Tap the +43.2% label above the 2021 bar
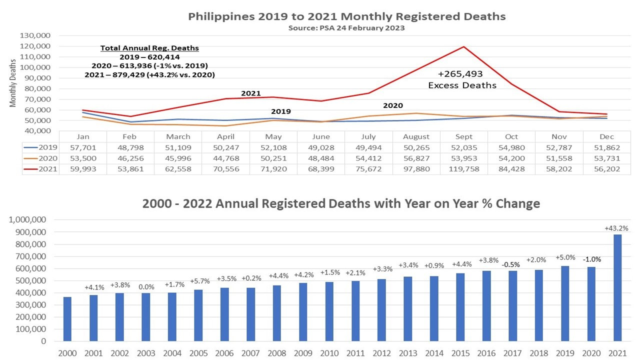coord(616,228)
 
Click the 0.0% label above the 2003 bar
coord(146,287)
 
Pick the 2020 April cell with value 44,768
coord(226,158)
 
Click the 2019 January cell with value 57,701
coord(82,147)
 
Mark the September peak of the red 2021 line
coord(463,46)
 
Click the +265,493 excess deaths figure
coord(461,74)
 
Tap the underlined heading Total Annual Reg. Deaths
coord(149,48)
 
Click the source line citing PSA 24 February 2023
coord(346,28)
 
